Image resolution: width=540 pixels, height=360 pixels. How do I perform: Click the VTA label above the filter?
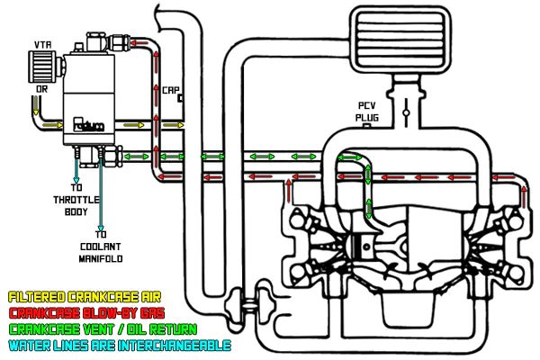tap(41, 43)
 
